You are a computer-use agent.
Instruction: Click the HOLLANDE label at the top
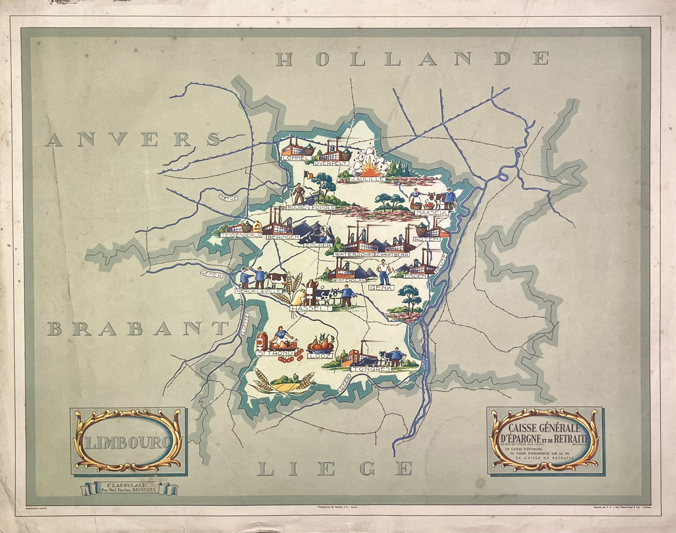click(412, 59)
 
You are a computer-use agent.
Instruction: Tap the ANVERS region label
click(133, 139)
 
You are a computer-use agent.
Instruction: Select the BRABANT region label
click(138, 329)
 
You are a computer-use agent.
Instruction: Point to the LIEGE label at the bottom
click(335, 468)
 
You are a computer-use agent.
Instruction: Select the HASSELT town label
click(311, 308)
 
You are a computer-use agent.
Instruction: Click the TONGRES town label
click(371, 369)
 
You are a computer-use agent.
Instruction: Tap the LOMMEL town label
click(296, 158)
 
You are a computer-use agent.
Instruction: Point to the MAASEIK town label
click(431, 213)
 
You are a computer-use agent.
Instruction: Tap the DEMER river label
click(210, 274)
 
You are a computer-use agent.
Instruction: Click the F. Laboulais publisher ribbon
click(130, 488)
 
